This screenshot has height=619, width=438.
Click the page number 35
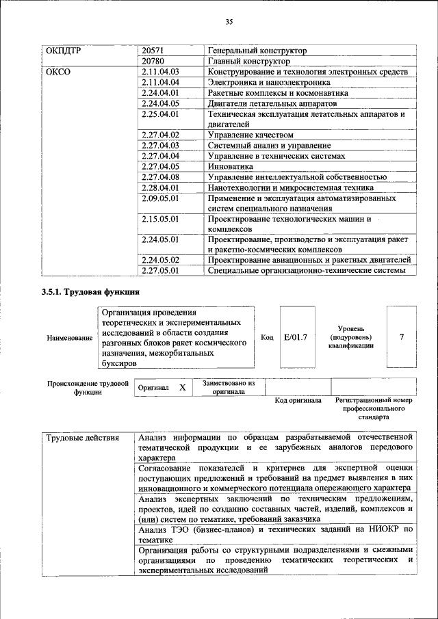click(229, 23)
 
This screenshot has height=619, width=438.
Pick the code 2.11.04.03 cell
click(159, 72)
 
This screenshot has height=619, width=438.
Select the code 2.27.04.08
click(159, 177)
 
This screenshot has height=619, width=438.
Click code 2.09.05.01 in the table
click(159, 198)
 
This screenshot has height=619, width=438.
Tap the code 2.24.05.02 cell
click(159, 260)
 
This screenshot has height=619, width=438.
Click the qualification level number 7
click(402, 337)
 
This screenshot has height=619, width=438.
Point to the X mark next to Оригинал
click(183, 387)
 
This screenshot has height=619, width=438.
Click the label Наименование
click(70, 338)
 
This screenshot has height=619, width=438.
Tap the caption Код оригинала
click(298, 400)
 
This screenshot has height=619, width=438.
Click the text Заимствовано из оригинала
click(229, 388)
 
